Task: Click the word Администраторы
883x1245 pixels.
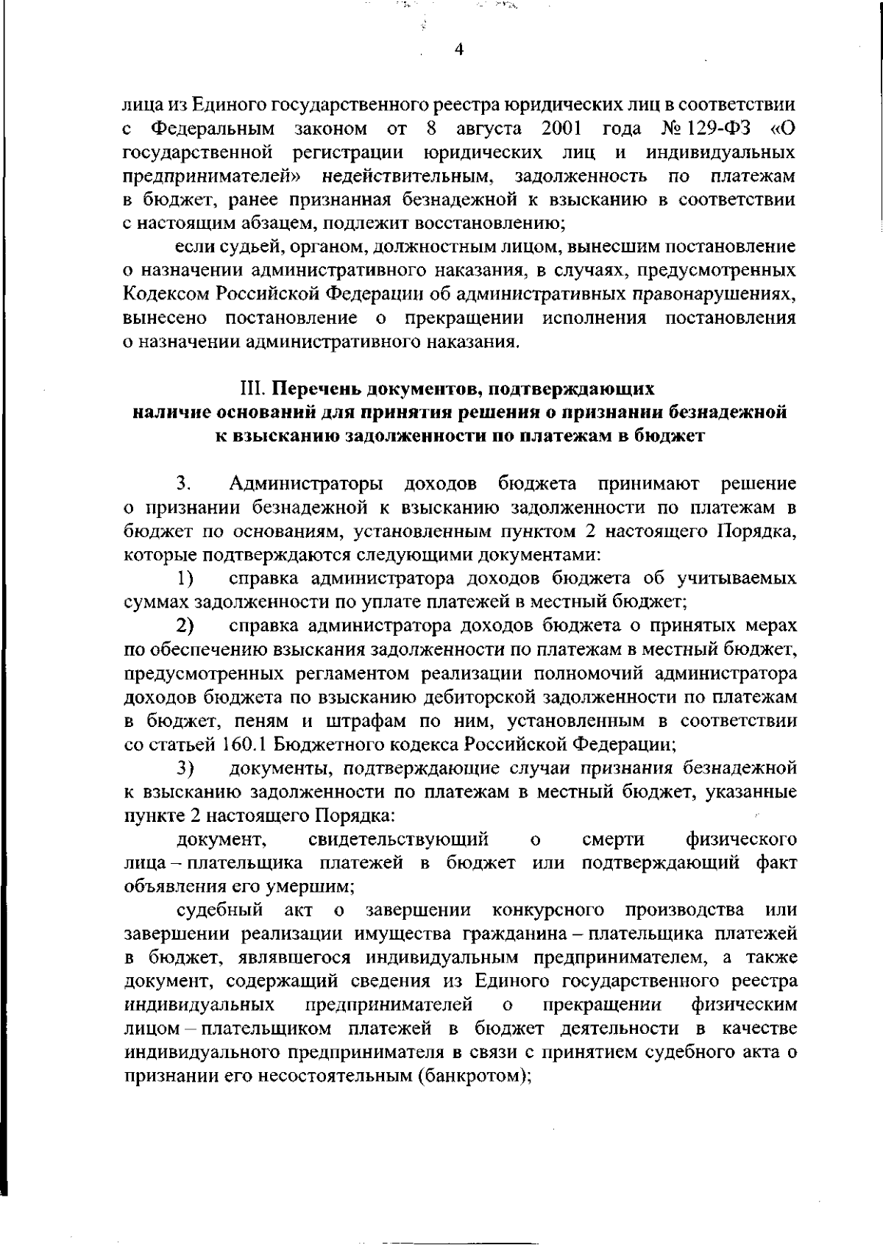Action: click(x=306, y=483)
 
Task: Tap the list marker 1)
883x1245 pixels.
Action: click(x=185, y=578)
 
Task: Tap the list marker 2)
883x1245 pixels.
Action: click(x=185, y=625)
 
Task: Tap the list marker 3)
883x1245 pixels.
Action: click(x=185, y=768)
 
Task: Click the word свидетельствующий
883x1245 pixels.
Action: click(x=398, y=839)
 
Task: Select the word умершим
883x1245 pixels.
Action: click(x=313, y=886)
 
